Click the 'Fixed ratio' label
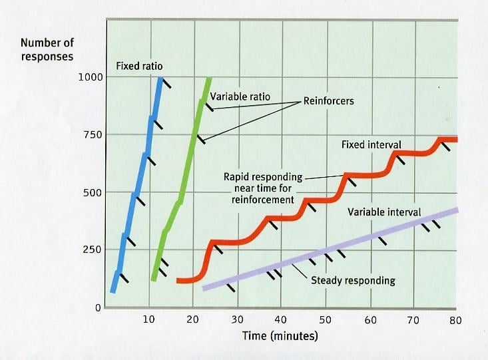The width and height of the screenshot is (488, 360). [139, 66]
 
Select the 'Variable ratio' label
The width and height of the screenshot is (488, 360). [240, 96]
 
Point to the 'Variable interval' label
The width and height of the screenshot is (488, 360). [384, 212]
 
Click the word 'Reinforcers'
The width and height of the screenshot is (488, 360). [330, 101]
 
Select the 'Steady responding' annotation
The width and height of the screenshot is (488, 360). [353, 280]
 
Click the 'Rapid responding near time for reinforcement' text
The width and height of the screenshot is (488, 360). [264, 188]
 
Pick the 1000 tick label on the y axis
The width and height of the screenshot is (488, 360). [91, 77]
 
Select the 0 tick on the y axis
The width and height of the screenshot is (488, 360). [97, 307]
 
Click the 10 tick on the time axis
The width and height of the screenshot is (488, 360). [148, 319]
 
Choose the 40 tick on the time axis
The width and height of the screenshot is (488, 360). [281, 319]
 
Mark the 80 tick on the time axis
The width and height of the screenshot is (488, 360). [455, 319]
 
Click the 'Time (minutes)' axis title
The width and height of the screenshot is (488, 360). [280, 336]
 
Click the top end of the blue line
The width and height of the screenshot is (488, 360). [160, 79]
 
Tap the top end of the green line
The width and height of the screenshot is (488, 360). [209, 79]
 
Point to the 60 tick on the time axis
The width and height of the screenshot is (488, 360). [370, 319]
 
